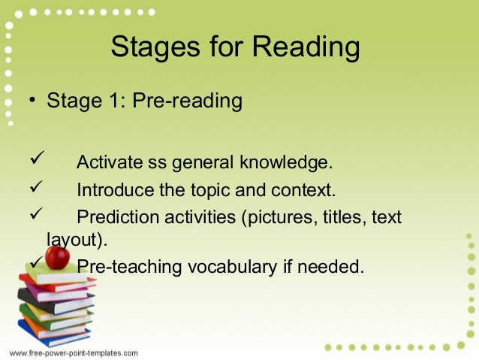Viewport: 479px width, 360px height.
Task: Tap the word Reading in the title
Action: [x=306, y=48]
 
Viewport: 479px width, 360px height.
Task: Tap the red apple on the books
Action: [x=56, y=258]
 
